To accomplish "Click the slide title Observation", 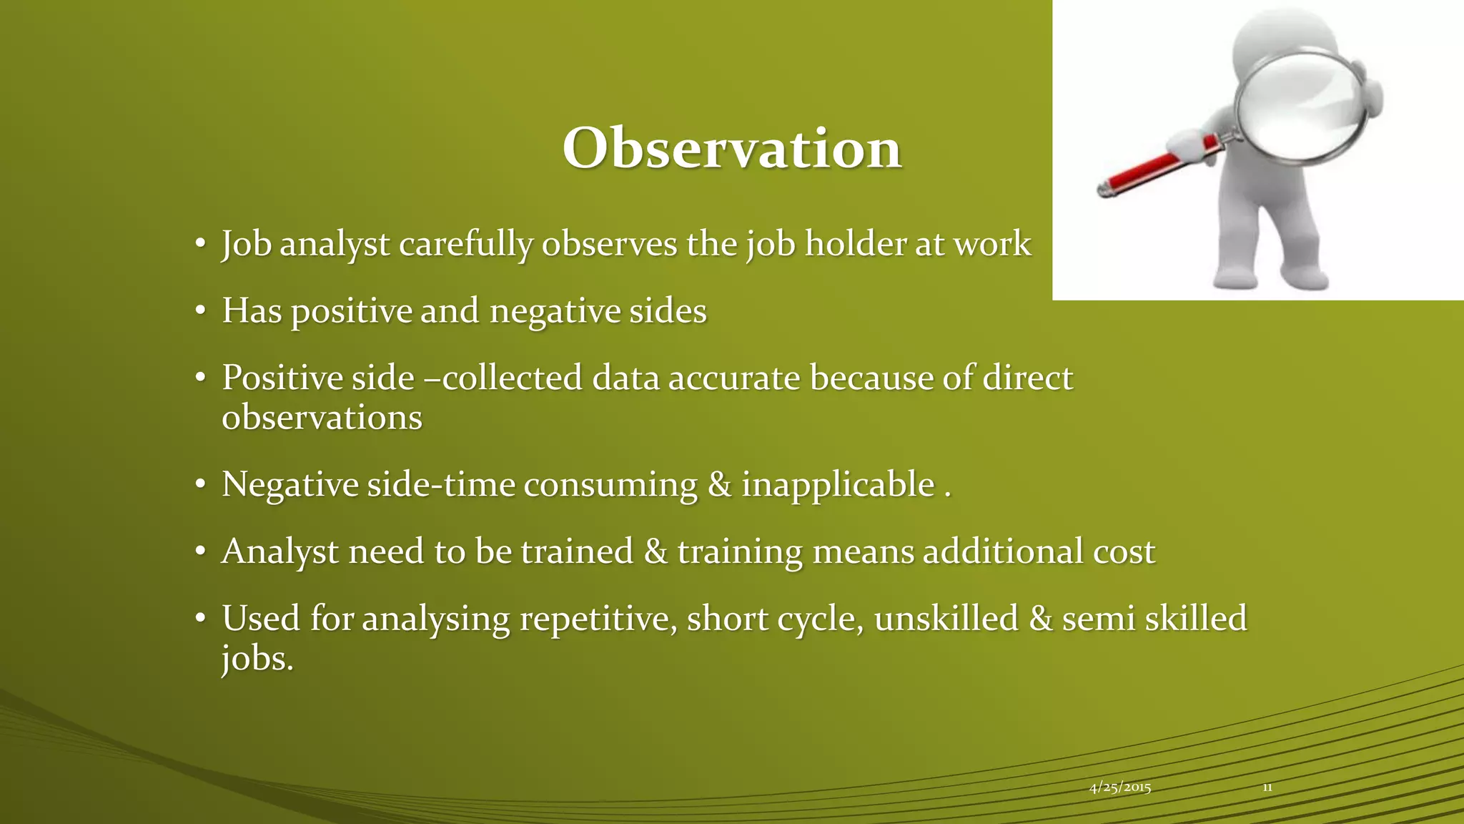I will coord(731,148).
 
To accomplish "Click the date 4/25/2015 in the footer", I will coord(1119,788).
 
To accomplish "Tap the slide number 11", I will coord(1267,788).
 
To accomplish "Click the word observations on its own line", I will coord(322,418).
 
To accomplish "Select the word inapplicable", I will coord(838,484).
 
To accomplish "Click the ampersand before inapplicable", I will coord(719,484).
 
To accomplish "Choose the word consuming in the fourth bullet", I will coord(610,484).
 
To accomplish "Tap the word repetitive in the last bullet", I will coord(598,619).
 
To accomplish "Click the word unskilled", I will coord(946,618).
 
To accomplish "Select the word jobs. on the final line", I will coord(257,658).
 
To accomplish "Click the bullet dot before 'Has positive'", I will coord(201,311).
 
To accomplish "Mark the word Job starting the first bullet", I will coord(246,245).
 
